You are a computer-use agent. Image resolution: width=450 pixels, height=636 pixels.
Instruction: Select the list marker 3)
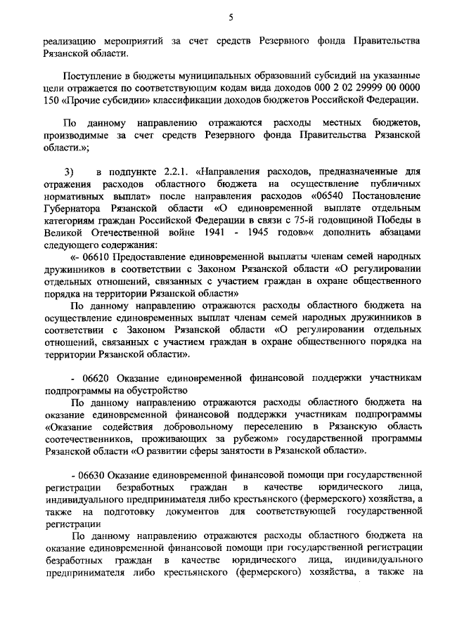point(69,170)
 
